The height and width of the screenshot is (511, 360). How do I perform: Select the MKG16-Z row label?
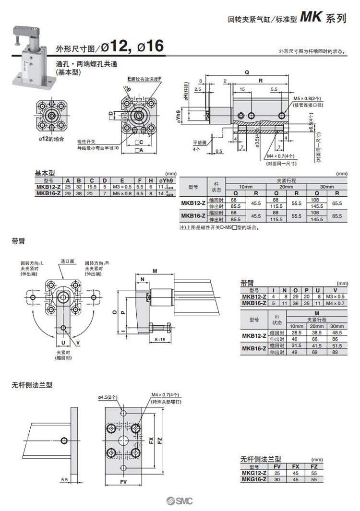254,479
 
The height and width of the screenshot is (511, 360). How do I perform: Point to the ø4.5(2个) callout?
108,397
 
